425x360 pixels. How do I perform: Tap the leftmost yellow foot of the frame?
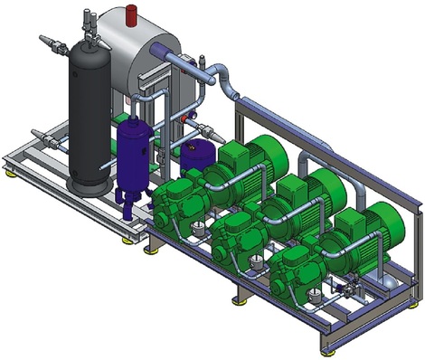click(x=10, y=170)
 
